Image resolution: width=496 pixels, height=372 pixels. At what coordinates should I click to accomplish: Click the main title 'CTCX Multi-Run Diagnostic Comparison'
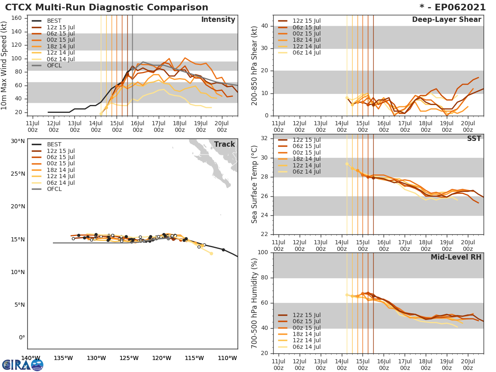tap(107, 7)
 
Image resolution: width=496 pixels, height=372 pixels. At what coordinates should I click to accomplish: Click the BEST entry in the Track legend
tap(54, 144)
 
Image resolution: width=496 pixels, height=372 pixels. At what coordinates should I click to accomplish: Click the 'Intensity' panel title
tap(218, 20)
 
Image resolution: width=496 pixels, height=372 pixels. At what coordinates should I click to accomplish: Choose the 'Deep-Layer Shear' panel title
tap(446, 20)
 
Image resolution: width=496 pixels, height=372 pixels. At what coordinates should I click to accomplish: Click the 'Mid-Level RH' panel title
tap(456, 257)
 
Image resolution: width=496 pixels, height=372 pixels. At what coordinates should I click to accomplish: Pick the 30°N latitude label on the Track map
tap(18, 141)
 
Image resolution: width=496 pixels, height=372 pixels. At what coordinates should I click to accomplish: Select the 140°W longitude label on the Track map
tap(31, 358)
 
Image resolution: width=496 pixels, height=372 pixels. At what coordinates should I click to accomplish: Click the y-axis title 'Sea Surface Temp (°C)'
tap(255, 184)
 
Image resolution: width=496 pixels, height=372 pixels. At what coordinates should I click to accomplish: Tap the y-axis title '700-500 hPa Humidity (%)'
tap(255, 303)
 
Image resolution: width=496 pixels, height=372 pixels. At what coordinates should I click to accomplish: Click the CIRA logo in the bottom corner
tap(22, 365)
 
